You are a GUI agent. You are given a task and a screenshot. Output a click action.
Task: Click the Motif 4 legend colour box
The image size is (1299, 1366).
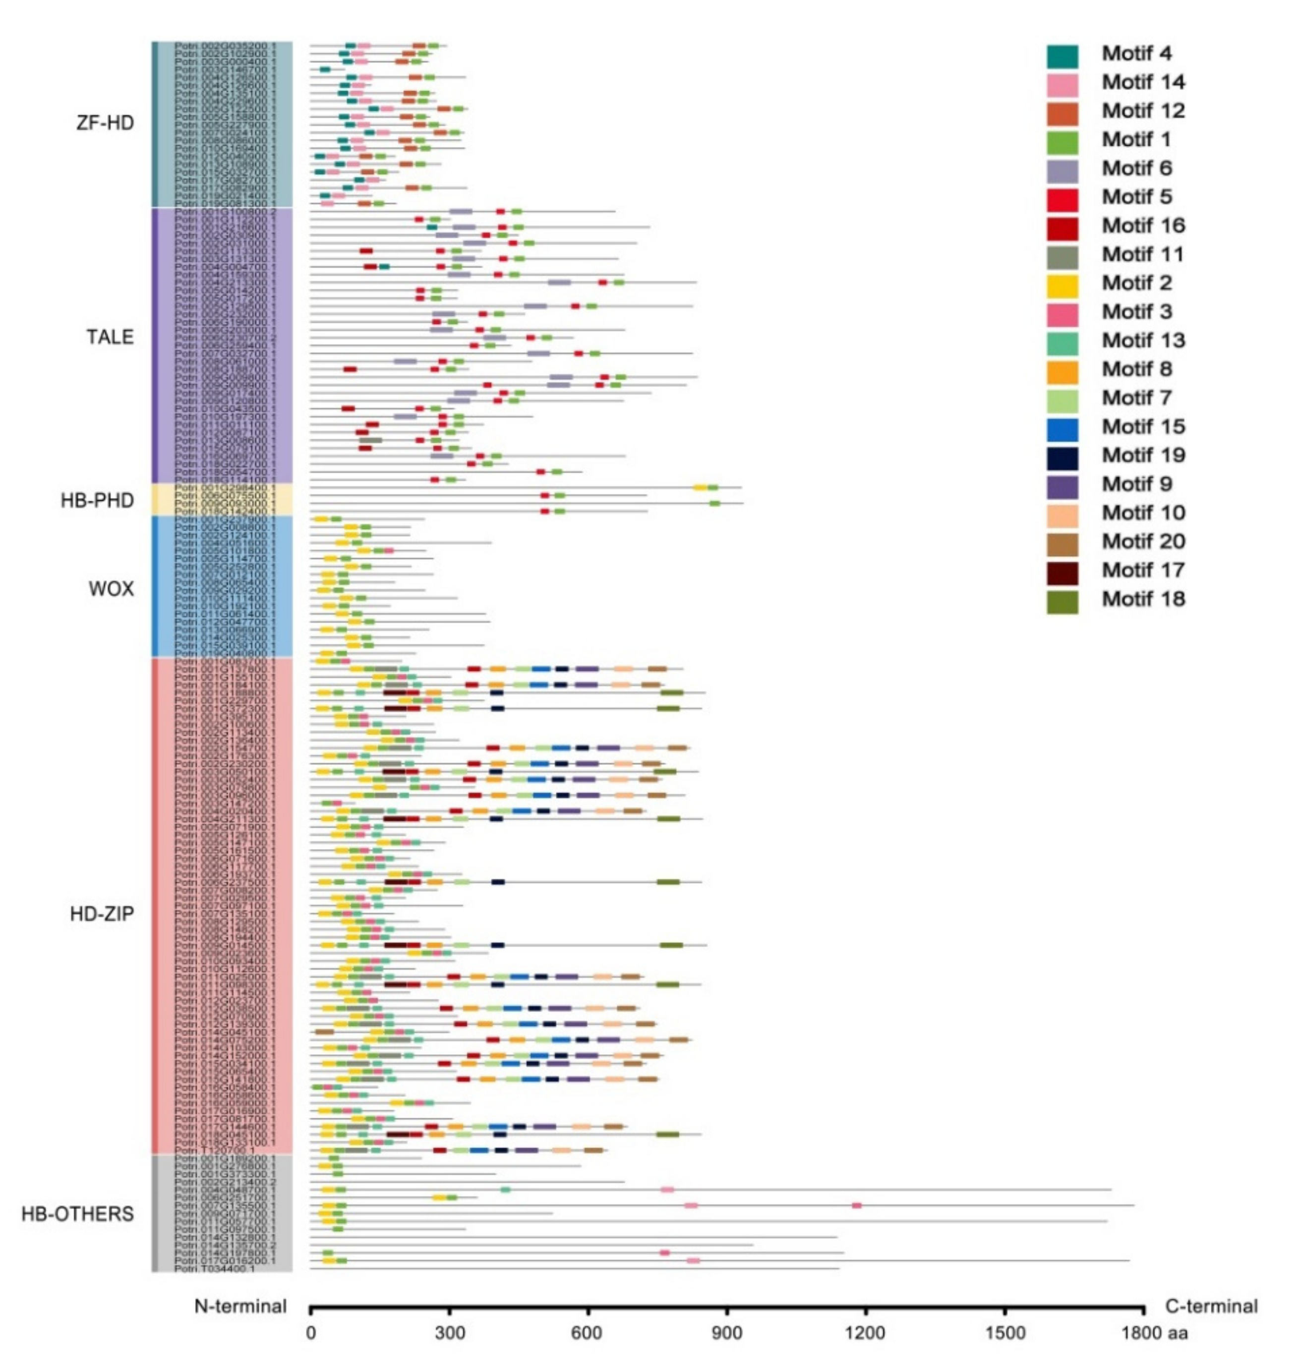(1062, 56)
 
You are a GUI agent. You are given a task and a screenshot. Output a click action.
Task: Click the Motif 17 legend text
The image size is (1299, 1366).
(1143, 570)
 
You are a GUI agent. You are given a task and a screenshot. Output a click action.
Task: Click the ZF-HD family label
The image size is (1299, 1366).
(105, 123)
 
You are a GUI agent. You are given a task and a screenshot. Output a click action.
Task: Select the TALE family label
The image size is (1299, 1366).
(110, 337)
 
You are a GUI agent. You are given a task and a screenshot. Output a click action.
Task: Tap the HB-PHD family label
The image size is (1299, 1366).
(98, 501)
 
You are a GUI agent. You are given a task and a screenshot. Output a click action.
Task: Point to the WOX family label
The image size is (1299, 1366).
(111, 589)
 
